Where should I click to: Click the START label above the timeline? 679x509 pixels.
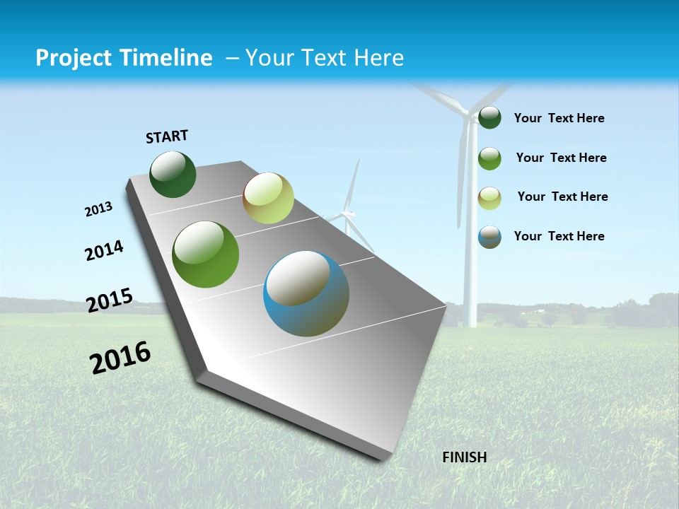(x=167, y=136)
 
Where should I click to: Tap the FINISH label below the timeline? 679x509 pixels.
(x=464, y=457)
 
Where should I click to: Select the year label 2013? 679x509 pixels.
(x=98, y=209)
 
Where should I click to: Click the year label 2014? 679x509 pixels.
(x=104, y=251)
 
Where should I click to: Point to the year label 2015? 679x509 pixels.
(x=110, y=300)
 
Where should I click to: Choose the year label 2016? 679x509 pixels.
(x=120, y=357)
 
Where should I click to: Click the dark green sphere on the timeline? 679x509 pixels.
(x=173, y=175)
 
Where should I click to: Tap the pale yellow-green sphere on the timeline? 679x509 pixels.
(x=268, y=198)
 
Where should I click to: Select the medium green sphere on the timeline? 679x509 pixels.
(x=206, y=255)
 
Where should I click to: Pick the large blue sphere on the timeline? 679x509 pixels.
(x=306, y=293)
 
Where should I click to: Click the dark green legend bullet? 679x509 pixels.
(x=489, y=118)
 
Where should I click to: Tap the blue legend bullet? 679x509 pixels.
(x=489, y=237)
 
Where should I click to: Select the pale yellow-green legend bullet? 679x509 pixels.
(x=489, y=198)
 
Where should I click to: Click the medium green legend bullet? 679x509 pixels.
(x=489, y=158)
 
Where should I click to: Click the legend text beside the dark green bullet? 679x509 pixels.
(x=559, y=118)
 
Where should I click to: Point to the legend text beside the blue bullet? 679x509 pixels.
(x=559, y=236)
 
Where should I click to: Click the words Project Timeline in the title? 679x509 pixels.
(x=124, y=58)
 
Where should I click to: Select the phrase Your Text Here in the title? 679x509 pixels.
(x=324, y=58)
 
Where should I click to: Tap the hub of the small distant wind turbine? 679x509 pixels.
(x=347, y=213)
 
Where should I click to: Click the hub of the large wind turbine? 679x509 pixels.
(x=467, y=111)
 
